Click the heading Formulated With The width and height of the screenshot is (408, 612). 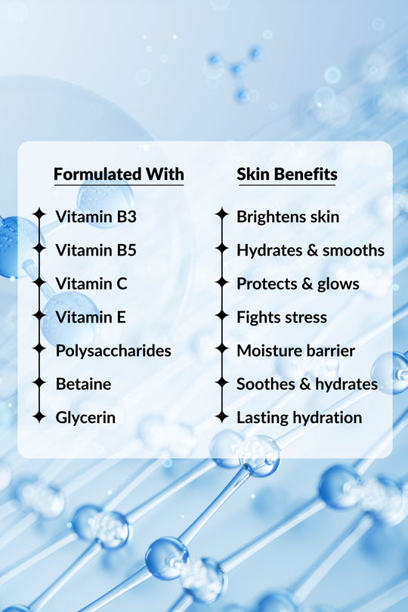click(119, 175)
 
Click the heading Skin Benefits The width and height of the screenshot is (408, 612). click(286, 175)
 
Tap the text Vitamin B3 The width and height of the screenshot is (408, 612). click(96, 217)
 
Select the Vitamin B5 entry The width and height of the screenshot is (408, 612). click(96, 250)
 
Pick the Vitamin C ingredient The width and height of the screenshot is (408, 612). click(91, 284)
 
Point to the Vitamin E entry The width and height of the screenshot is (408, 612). click(91, 317)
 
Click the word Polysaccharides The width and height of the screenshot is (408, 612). click(113, 351)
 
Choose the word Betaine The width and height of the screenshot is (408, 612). click(83, 384)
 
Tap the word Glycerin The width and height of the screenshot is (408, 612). click(85, 417)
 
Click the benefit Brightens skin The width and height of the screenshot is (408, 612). click(288, 217)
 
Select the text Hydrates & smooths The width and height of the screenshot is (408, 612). click(311, 250)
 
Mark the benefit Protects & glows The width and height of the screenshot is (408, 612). click(298, 284)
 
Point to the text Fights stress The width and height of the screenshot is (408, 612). click(282, 317)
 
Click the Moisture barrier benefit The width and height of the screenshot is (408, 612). click(295, 351)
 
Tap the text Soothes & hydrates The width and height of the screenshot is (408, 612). click(307, 384)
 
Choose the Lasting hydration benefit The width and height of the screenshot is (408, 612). click(299, 417)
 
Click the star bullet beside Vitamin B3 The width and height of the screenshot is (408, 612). click(39, 215)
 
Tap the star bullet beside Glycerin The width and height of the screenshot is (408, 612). click(39, 416)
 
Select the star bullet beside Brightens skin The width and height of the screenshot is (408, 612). click(221, 215)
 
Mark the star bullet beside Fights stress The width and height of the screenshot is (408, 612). click(221, 316)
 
